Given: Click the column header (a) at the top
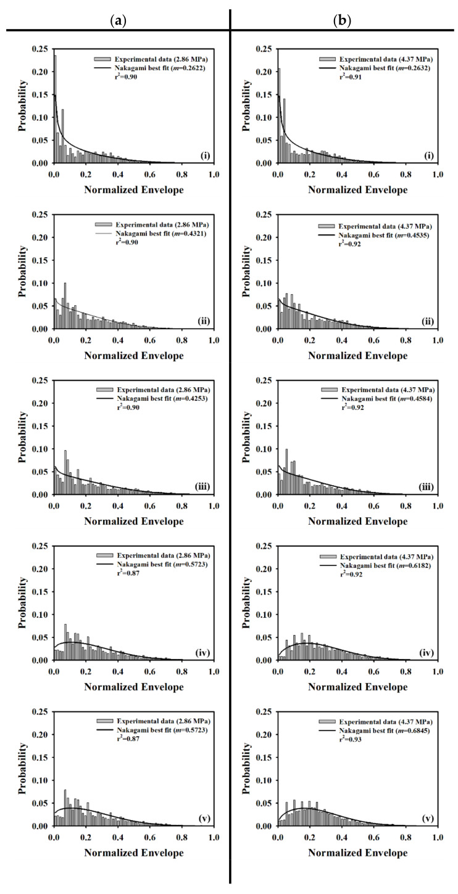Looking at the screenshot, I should coord(114,20).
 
